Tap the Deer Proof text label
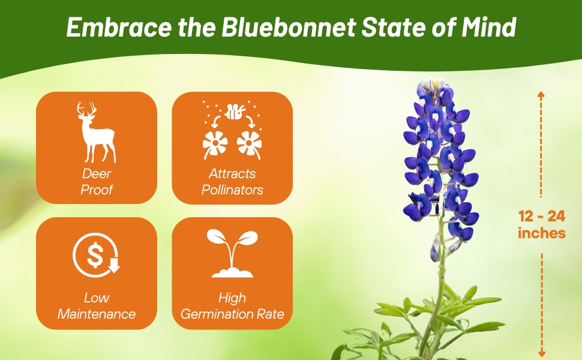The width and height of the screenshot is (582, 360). [97, 182]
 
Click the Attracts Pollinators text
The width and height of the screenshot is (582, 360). [232, 182]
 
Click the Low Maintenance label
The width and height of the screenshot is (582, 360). [97, 306]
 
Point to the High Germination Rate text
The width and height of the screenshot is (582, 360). [232, 306]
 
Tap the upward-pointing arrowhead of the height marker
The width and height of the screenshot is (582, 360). [541, 95]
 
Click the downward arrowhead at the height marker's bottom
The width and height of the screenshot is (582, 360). [542, 353]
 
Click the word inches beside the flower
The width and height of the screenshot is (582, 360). [542, 233]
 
